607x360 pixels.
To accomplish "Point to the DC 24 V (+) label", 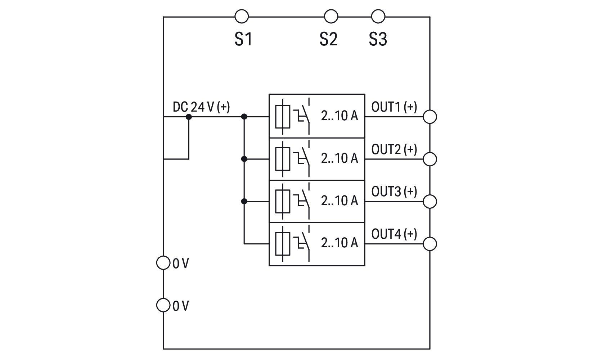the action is [201, 107].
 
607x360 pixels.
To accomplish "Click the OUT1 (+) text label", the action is [394, 107].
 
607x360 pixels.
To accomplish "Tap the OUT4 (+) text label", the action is [394, 234].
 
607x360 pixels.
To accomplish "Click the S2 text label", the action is [328, 39].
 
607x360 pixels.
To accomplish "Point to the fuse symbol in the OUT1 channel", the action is [283, 117].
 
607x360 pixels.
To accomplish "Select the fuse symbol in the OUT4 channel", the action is [283, 244].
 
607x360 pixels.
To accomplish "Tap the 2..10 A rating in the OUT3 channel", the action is [340, 201].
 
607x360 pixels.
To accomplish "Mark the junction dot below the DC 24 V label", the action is [189, 117].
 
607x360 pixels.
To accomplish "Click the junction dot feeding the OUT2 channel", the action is [244, 159].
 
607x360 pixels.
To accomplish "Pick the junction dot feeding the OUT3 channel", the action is [244, 202].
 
